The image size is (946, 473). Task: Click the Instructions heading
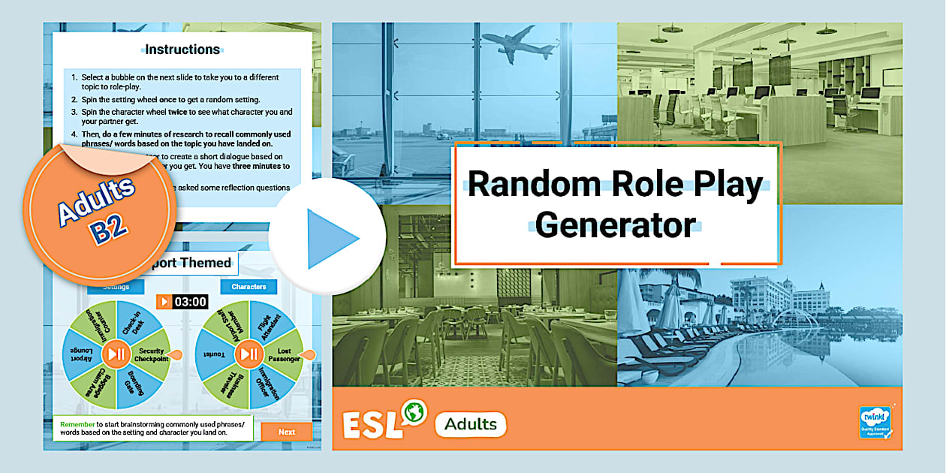click(182, 50)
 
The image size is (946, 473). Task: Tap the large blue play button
click(327, 237)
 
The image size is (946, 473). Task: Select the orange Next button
click(286, 432)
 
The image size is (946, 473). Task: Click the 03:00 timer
click(182, 302)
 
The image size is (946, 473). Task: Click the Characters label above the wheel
click(249, 287)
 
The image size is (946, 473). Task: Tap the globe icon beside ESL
click(413, 412)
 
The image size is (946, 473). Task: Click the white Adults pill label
click(471, 424)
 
